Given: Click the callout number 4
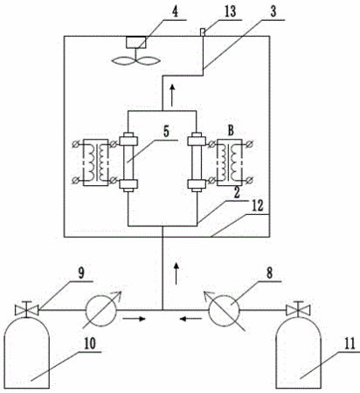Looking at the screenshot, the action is pos(175,12).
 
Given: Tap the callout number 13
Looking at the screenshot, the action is pos(231,12).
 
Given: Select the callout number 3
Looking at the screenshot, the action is pos(273,11).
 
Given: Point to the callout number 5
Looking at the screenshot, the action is pos(166,132).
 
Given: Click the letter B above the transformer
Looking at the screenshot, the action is pos(231,131).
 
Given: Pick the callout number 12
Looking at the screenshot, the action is pos(258,206).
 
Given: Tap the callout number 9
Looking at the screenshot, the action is pos(80,273).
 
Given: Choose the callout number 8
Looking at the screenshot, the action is pos(270,273).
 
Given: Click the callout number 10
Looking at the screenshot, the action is pos(90,344).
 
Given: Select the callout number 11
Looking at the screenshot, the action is pos(350,344).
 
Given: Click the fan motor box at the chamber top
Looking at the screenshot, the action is pos(135,42).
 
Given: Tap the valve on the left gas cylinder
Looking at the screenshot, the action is pos(26,309).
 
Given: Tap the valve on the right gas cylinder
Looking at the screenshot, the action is pos(298,309).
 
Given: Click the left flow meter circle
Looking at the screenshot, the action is pos(100,310).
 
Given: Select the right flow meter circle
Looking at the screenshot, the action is pos(225,310).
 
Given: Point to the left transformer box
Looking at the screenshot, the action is pos(95,162).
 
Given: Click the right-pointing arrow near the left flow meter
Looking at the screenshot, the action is pos(134,319).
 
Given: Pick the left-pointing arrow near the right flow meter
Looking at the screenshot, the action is pos(190,319).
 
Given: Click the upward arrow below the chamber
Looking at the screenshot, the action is pos(177,272).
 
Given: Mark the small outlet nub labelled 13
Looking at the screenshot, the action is pos(203,31).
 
